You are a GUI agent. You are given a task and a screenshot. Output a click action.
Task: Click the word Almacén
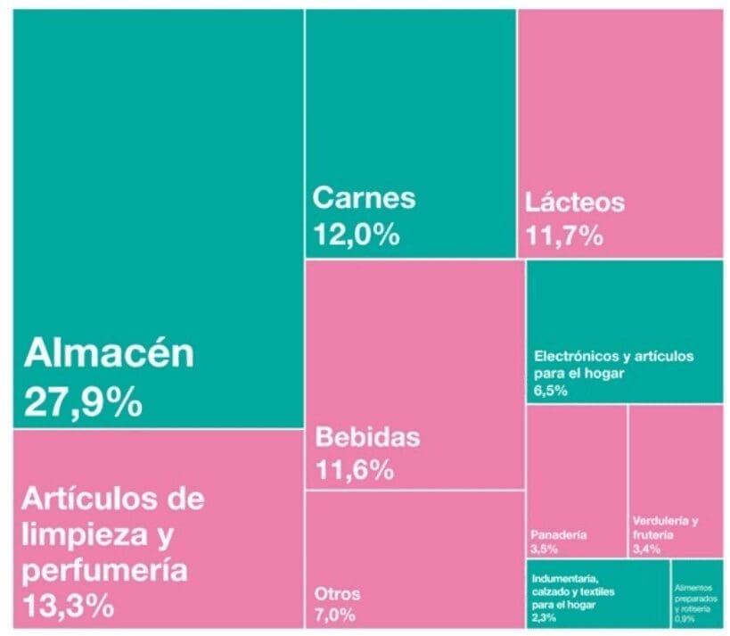[108, 353]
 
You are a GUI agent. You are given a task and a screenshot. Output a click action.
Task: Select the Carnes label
[364, 197]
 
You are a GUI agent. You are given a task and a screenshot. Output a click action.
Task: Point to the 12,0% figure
[356, 235]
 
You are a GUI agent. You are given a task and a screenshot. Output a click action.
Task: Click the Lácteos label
[574, 202]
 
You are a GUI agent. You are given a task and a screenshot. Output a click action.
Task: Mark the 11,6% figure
[354, 470]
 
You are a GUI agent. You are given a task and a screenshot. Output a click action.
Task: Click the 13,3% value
[68, 606]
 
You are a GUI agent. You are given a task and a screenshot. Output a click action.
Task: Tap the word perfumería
[105, 569]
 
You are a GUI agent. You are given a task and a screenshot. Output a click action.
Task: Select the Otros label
[337, 594]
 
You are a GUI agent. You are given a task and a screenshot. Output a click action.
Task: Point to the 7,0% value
[334, 615]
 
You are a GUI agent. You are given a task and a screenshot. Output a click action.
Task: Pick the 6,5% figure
[550, 391]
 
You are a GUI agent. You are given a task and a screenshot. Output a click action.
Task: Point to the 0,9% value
[685, 617]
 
